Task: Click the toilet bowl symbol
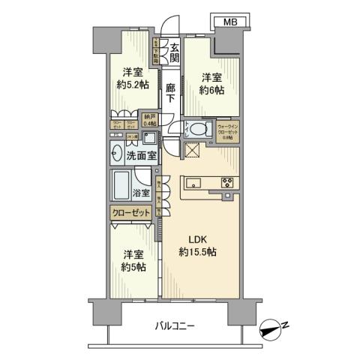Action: pyautogui.click(x=198, y=129)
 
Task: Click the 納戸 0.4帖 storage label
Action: pyautogui.click(x=150, y=120)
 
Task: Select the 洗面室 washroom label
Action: pyautogui.click(x=141, y=157)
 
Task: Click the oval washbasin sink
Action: pyautogui.click(x=118, y=156)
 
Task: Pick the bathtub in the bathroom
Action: pyautogui.click(x=122, y=184)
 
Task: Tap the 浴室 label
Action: pyautogui.click(x=142, y=193)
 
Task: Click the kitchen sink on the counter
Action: pyautogui.click(x=191, y=182)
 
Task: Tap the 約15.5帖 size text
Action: pyautogui.click(x=196, y=253)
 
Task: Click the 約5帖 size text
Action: pyautogui.click(x=133, y=267)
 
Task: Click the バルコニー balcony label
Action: pyautogui.click(x=175, y=326)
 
